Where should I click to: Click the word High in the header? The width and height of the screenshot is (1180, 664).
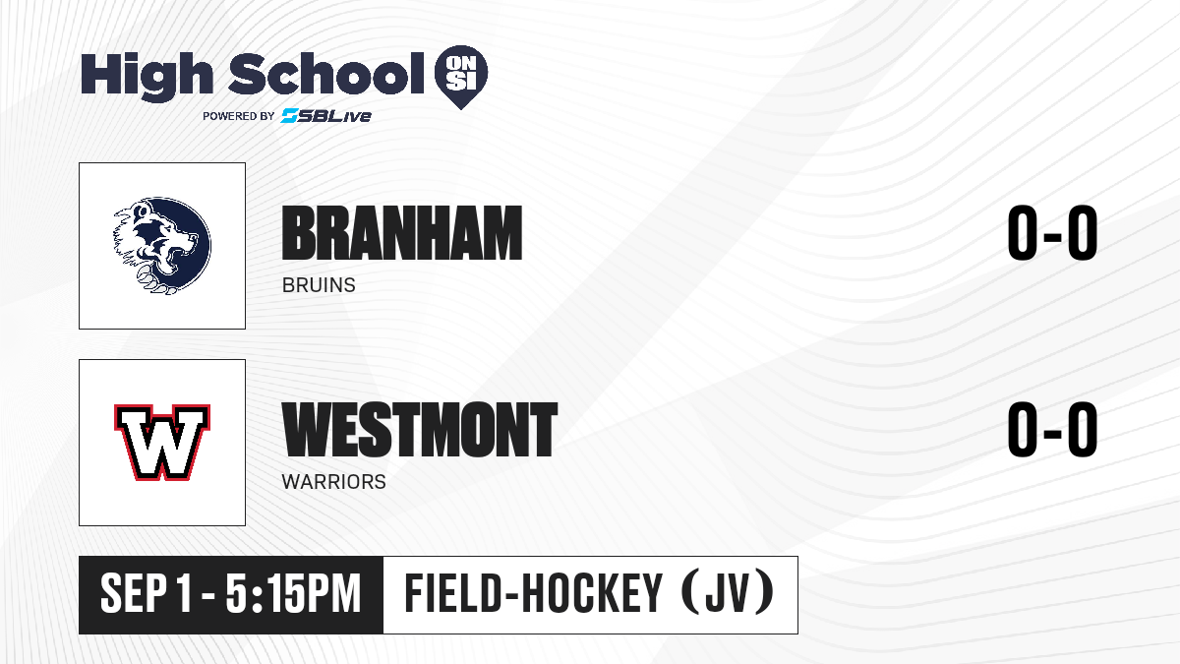[x=147, y=76]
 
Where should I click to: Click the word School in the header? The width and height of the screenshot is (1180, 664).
[x=326, y=73]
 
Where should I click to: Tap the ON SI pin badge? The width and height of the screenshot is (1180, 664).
[x=461, y=77]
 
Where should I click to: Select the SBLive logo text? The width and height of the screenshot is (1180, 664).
[x=326, y=115]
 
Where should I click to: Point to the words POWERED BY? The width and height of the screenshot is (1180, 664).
[x=239, y=116]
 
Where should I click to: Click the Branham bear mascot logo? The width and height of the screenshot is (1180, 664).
[x=162, y=246]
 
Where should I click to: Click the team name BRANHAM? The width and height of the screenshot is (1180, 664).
[x=402, y=233]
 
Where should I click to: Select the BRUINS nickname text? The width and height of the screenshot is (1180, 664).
[x=319, y=285]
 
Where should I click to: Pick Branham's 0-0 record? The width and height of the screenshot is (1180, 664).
[x=1052, y=232]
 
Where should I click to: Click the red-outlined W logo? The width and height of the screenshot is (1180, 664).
[x=162, y=442]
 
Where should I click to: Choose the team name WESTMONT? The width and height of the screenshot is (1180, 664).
[x=419, y=430]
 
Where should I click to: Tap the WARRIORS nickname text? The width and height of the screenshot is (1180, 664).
[x=334, y=482]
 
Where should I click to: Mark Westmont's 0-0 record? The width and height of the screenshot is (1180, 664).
[x=1052, y=429]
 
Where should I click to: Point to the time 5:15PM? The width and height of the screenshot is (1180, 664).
[x=293, y=594]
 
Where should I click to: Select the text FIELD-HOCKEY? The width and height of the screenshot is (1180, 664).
[x=533, y=593]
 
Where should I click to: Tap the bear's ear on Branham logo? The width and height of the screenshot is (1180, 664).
[x=142, y=211]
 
